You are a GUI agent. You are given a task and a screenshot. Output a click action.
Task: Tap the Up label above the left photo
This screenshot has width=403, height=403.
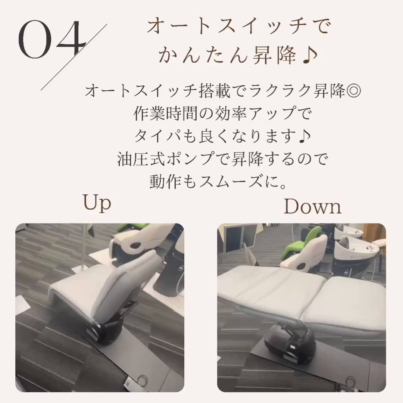point(97,203)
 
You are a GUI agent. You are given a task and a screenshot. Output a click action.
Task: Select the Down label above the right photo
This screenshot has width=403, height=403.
point(313,206)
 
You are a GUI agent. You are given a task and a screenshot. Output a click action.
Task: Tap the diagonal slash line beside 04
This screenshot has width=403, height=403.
point(74,57)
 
